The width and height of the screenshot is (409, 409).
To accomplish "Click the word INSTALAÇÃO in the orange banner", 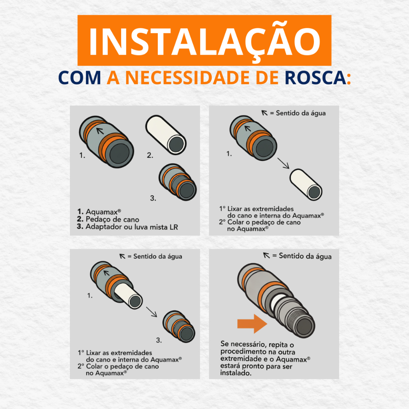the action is pos(204,41).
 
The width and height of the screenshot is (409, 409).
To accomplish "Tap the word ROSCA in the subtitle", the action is pos(316,78).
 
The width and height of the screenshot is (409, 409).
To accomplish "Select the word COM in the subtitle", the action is pos(79,78).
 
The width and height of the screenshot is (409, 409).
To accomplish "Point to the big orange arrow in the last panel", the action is pos(252,324).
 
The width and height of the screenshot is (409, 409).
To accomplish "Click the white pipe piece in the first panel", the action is pos(166,135).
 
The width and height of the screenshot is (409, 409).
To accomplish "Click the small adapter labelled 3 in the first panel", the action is pos(178,182).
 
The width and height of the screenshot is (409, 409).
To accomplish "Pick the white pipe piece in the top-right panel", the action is pos(306,185).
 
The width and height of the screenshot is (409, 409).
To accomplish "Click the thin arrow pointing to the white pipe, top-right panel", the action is pos(283,163).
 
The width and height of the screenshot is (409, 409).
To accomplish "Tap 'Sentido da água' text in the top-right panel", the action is pos(301,113).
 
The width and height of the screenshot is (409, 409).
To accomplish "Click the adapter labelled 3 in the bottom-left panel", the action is pos(179,326).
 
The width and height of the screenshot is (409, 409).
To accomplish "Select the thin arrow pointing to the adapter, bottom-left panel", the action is pos(151,312).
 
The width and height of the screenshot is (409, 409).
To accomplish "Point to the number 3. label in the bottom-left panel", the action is pos(159,340).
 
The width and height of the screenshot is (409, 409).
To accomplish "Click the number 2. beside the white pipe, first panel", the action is pos(150,155).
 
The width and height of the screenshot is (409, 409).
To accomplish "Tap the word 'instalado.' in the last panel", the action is pos(236,373).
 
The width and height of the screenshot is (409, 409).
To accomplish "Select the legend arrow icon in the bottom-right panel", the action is pos(266,255).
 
